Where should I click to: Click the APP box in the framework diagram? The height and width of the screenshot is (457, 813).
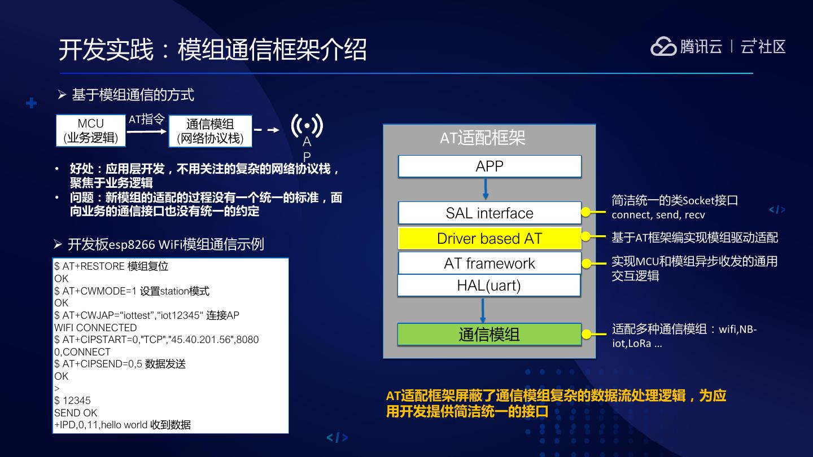point(489,166)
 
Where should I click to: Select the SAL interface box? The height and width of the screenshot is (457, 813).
point(489,213)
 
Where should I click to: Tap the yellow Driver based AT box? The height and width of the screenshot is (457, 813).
point(489,238)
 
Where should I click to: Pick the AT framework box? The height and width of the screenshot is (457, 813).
point(489,263)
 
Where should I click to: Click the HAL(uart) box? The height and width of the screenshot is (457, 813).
point(489,285)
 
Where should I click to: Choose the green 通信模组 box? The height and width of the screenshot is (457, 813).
point(489,335)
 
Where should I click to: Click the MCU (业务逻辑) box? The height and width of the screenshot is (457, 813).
point(91,131)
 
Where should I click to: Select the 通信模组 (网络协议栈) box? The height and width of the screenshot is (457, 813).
point(210,131)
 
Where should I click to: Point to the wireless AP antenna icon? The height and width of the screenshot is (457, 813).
point(307,126)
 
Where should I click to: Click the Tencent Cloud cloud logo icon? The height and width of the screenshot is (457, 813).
point(663,47)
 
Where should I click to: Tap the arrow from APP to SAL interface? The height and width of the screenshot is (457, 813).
point(486,189)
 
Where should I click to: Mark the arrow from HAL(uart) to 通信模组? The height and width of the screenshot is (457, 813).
point(483,310)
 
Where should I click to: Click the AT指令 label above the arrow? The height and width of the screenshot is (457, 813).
point(146,120)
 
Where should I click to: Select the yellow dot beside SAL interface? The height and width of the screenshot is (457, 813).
point(586,213)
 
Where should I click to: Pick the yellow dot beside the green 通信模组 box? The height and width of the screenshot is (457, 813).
point(586,335)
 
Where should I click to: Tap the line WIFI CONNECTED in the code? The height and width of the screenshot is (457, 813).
point(95,328)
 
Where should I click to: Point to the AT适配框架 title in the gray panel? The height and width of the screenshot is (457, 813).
point(483,138)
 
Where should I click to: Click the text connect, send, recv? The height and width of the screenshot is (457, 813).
point(658,215)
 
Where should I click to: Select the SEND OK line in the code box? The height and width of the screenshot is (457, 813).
point(76,413)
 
